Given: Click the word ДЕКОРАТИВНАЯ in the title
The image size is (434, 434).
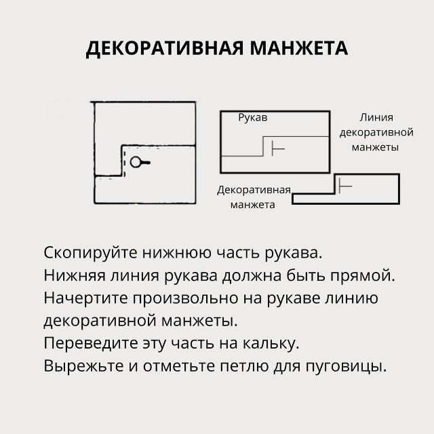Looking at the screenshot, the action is point(165,49).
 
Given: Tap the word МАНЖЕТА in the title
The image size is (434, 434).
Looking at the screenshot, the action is point(299,48).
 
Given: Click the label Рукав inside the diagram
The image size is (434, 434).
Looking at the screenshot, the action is point(253,118).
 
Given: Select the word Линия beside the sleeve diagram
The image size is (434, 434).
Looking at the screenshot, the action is point(376,117).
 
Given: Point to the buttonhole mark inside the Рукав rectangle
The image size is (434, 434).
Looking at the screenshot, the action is point(278,149).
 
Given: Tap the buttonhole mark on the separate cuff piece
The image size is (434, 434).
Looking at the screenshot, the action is point(345,186).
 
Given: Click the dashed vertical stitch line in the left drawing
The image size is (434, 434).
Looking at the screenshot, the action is point(124,163).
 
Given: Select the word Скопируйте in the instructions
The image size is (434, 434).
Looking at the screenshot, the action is point(90,253).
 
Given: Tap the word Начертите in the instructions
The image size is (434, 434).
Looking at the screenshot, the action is point(85,298).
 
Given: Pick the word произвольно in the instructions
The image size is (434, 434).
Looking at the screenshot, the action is point(185,299).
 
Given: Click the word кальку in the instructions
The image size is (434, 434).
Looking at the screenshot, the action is point(271,344).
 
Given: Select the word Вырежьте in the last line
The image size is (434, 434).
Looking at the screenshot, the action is point(83,366).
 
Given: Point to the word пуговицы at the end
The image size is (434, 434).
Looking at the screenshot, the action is point(346,367).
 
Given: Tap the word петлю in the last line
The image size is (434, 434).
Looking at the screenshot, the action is point(244,366).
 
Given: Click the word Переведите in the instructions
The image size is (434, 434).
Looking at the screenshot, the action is point(90,344).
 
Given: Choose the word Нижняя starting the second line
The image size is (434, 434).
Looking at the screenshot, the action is point(75,276).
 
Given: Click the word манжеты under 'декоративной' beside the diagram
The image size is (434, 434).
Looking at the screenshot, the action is point(375,147).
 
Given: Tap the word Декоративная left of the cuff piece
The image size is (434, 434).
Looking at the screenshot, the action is point(254,191).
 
